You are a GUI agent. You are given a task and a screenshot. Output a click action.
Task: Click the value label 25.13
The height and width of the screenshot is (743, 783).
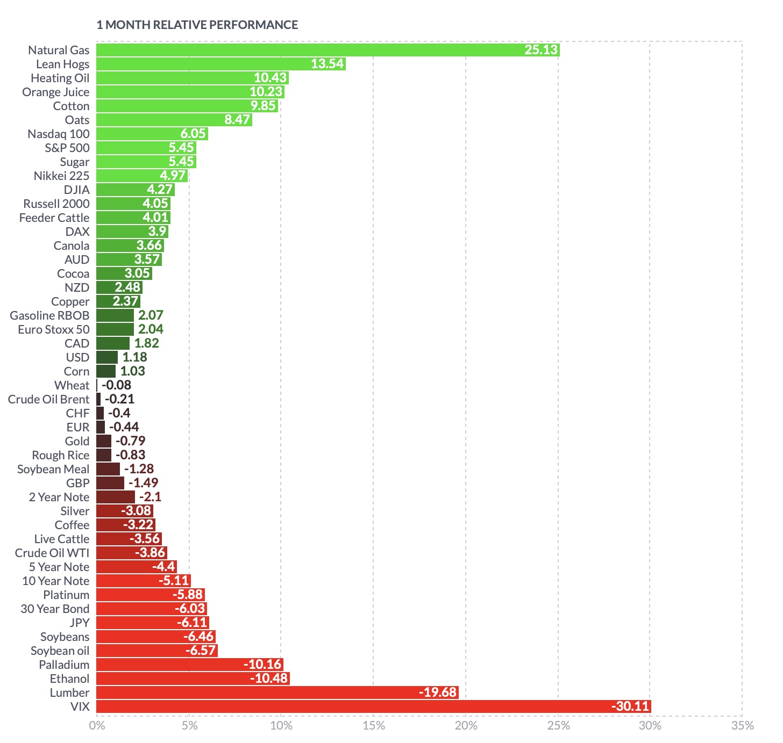(x=541, y=50)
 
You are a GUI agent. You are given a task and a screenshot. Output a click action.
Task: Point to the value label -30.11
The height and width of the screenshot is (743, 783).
(x=630, y=706)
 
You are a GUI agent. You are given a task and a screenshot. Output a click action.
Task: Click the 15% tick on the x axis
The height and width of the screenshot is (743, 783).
(x=374, y=726)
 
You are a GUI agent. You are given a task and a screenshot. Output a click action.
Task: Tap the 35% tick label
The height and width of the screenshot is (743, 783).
(x=743, y=726)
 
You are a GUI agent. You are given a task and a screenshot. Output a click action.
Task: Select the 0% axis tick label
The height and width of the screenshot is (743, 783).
(x=97, y=726)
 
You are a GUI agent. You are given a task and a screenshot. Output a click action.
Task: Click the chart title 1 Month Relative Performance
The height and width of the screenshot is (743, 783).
(x=197, y=25)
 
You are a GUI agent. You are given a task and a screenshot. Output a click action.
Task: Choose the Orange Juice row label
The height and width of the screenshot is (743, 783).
(x=56, y=92)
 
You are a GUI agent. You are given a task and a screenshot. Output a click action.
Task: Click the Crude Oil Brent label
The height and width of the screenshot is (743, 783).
(x=48, y=399)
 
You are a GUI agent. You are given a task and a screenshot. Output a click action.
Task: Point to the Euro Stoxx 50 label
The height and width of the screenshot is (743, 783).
(x=54, y=329)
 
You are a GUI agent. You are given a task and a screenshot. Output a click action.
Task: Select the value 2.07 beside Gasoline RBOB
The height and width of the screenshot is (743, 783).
(x=151, y=315)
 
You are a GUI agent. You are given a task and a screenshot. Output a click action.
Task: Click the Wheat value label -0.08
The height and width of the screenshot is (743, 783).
(x=116, y=385)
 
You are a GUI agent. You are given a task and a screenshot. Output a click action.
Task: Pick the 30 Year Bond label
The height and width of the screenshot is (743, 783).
(x=55, y=609)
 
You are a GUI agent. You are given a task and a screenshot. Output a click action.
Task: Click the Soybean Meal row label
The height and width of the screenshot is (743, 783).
(x=53, y=469)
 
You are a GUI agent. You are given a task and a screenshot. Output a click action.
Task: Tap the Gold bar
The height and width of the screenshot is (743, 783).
(x=104, y=441)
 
